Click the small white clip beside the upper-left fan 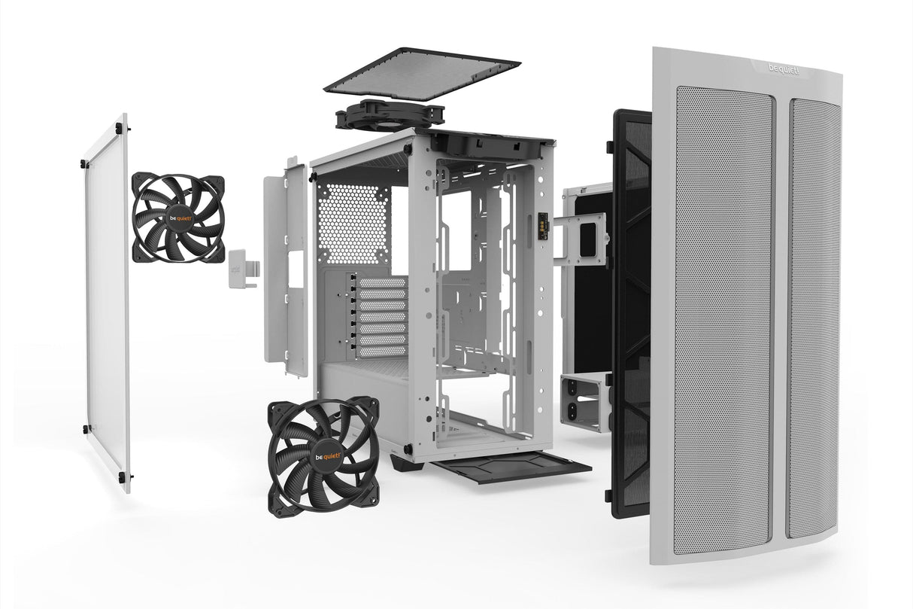[242, 267]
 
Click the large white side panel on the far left [107, 301]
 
